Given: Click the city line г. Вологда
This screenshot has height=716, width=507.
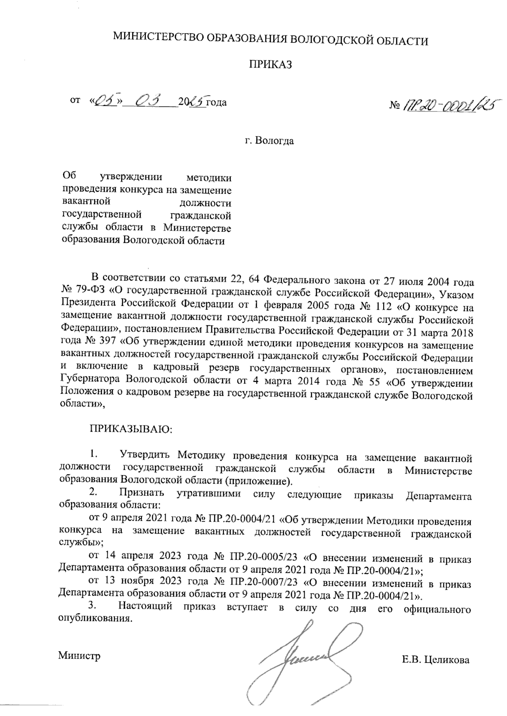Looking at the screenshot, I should [270, 141].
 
